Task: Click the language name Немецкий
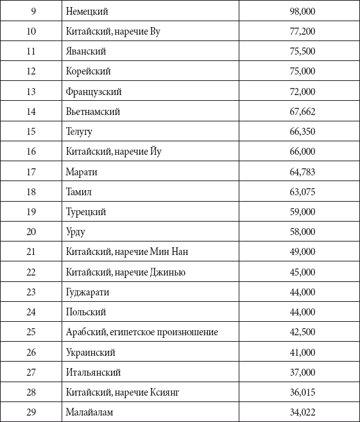coord(87,11)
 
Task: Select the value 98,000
coord(302,11)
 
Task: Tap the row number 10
coord(31,31)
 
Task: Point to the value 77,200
coord(302,31)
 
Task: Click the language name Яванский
coord(85,51)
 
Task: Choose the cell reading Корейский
coord(88,71)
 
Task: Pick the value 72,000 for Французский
coord(302,91)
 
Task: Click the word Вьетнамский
coord(92,111)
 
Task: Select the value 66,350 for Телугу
coord(302,131)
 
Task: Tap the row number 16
coord(31,152)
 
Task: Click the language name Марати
coord(81,171)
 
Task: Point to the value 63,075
coord(302,191)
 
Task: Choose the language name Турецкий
coord(85,211)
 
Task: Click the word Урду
coord(75,231)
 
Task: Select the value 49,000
coord(302,252)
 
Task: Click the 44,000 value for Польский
coord(302,312)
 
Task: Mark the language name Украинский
coord(90,352)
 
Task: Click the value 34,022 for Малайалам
coord(302,412)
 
